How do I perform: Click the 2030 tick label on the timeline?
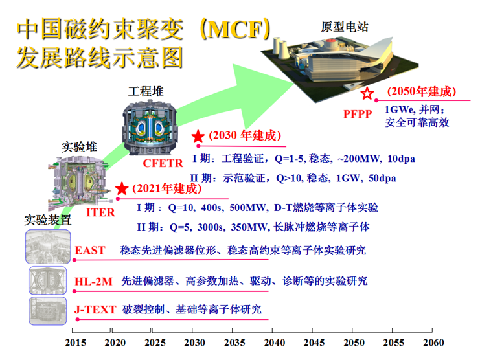tap(194, 343)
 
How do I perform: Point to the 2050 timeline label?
tap(354, 343)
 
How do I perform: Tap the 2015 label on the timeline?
tap(75, 343)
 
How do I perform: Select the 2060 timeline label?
tap(433, 343)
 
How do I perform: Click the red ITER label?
tap(100, 212)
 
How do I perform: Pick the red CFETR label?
tap(163, 163)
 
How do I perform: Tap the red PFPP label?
tap(358, 114)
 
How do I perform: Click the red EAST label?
tap(90, 250)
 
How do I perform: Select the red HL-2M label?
tap(94, 282)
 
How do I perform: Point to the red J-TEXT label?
tap(95, 309)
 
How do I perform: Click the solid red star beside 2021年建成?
tap(122, 188)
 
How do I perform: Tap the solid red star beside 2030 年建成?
tap(198, 136)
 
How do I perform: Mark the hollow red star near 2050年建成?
tap(367, 93)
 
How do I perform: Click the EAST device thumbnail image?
tap(48, 247)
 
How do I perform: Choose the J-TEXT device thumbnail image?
tap(48, 311)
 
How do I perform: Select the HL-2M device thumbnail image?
tap(48, 280)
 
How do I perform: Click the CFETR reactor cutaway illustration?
tap(150, 127)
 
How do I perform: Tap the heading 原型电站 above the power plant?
tap(345, 27)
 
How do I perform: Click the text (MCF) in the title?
tap(235, 29)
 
